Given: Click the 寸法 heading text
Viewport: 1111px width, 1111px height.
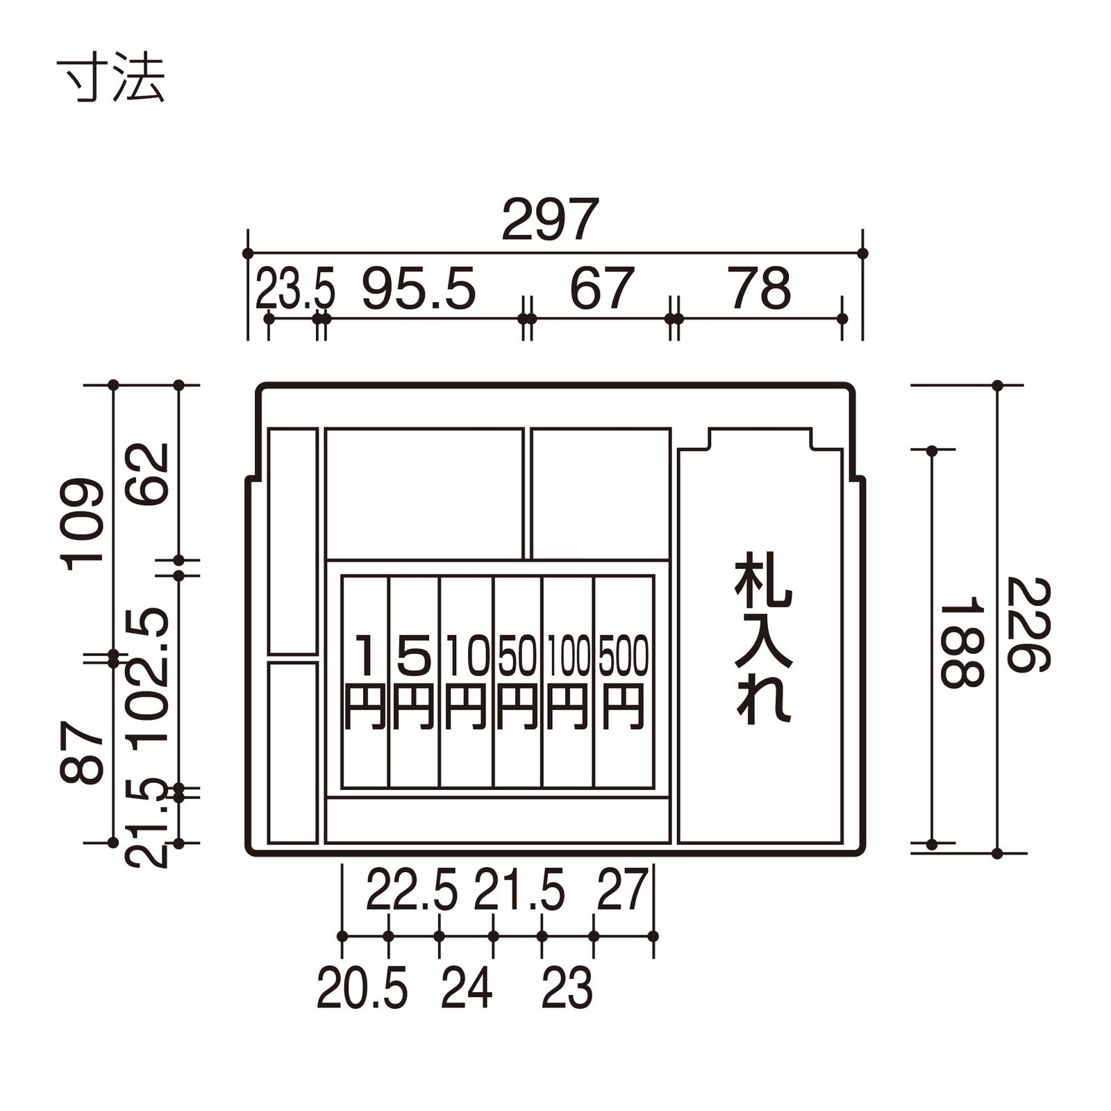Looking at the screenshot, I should (x=110, y=78).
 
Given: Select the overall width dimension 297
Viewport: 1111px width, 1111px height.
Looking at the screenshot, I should (x=550, y=220).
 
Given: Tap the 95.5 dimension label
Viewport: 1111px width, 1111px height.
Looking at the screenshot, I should (x=419, y=289).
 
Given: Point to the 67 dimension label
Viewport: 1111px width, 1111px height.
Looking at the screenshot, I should (x=601, y=289).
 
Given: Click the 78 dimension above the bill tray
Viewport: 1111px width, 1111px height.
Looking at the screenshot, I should (x=760, y=289).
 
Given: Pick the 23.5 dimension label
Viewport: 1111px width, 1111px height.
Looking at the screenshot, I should (x=295, y=290).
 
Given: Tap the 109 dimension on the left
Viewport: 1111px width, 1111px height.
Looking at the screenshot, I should (x=82, y=525).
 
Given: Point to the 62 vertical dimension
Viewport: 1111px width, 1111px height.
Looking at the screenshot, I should (x=147, y=474).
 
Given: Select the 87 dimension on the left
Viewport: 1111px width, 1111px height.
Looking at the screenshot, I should (x=82, y=752).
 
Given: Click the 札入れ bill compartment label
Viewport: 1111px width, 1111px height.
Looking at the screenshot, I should (x=762, y=638).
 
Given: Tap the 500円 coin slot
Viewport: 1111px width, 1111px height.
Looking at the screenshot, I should (x=624, y=681).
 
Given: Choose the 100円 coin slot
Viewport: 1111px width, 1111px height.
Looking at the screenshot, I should (x=568, y=681).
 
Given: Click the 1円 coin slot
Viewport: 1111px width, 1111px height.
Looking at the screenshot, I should (x=365, y=681).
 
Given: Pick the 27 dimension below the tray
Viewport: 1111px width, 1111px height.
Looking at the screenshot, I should (x=622, y=890).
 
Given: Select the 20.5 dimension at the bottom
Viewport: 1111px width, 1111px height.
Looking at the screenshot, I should (x=362, y=988).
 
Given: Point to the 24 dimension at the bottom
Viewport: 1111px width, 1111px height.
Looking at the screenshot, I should (x=467, y=988).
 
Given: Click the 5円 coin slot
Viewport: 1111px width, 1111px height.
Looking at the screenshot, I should (x=414, y=681).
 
